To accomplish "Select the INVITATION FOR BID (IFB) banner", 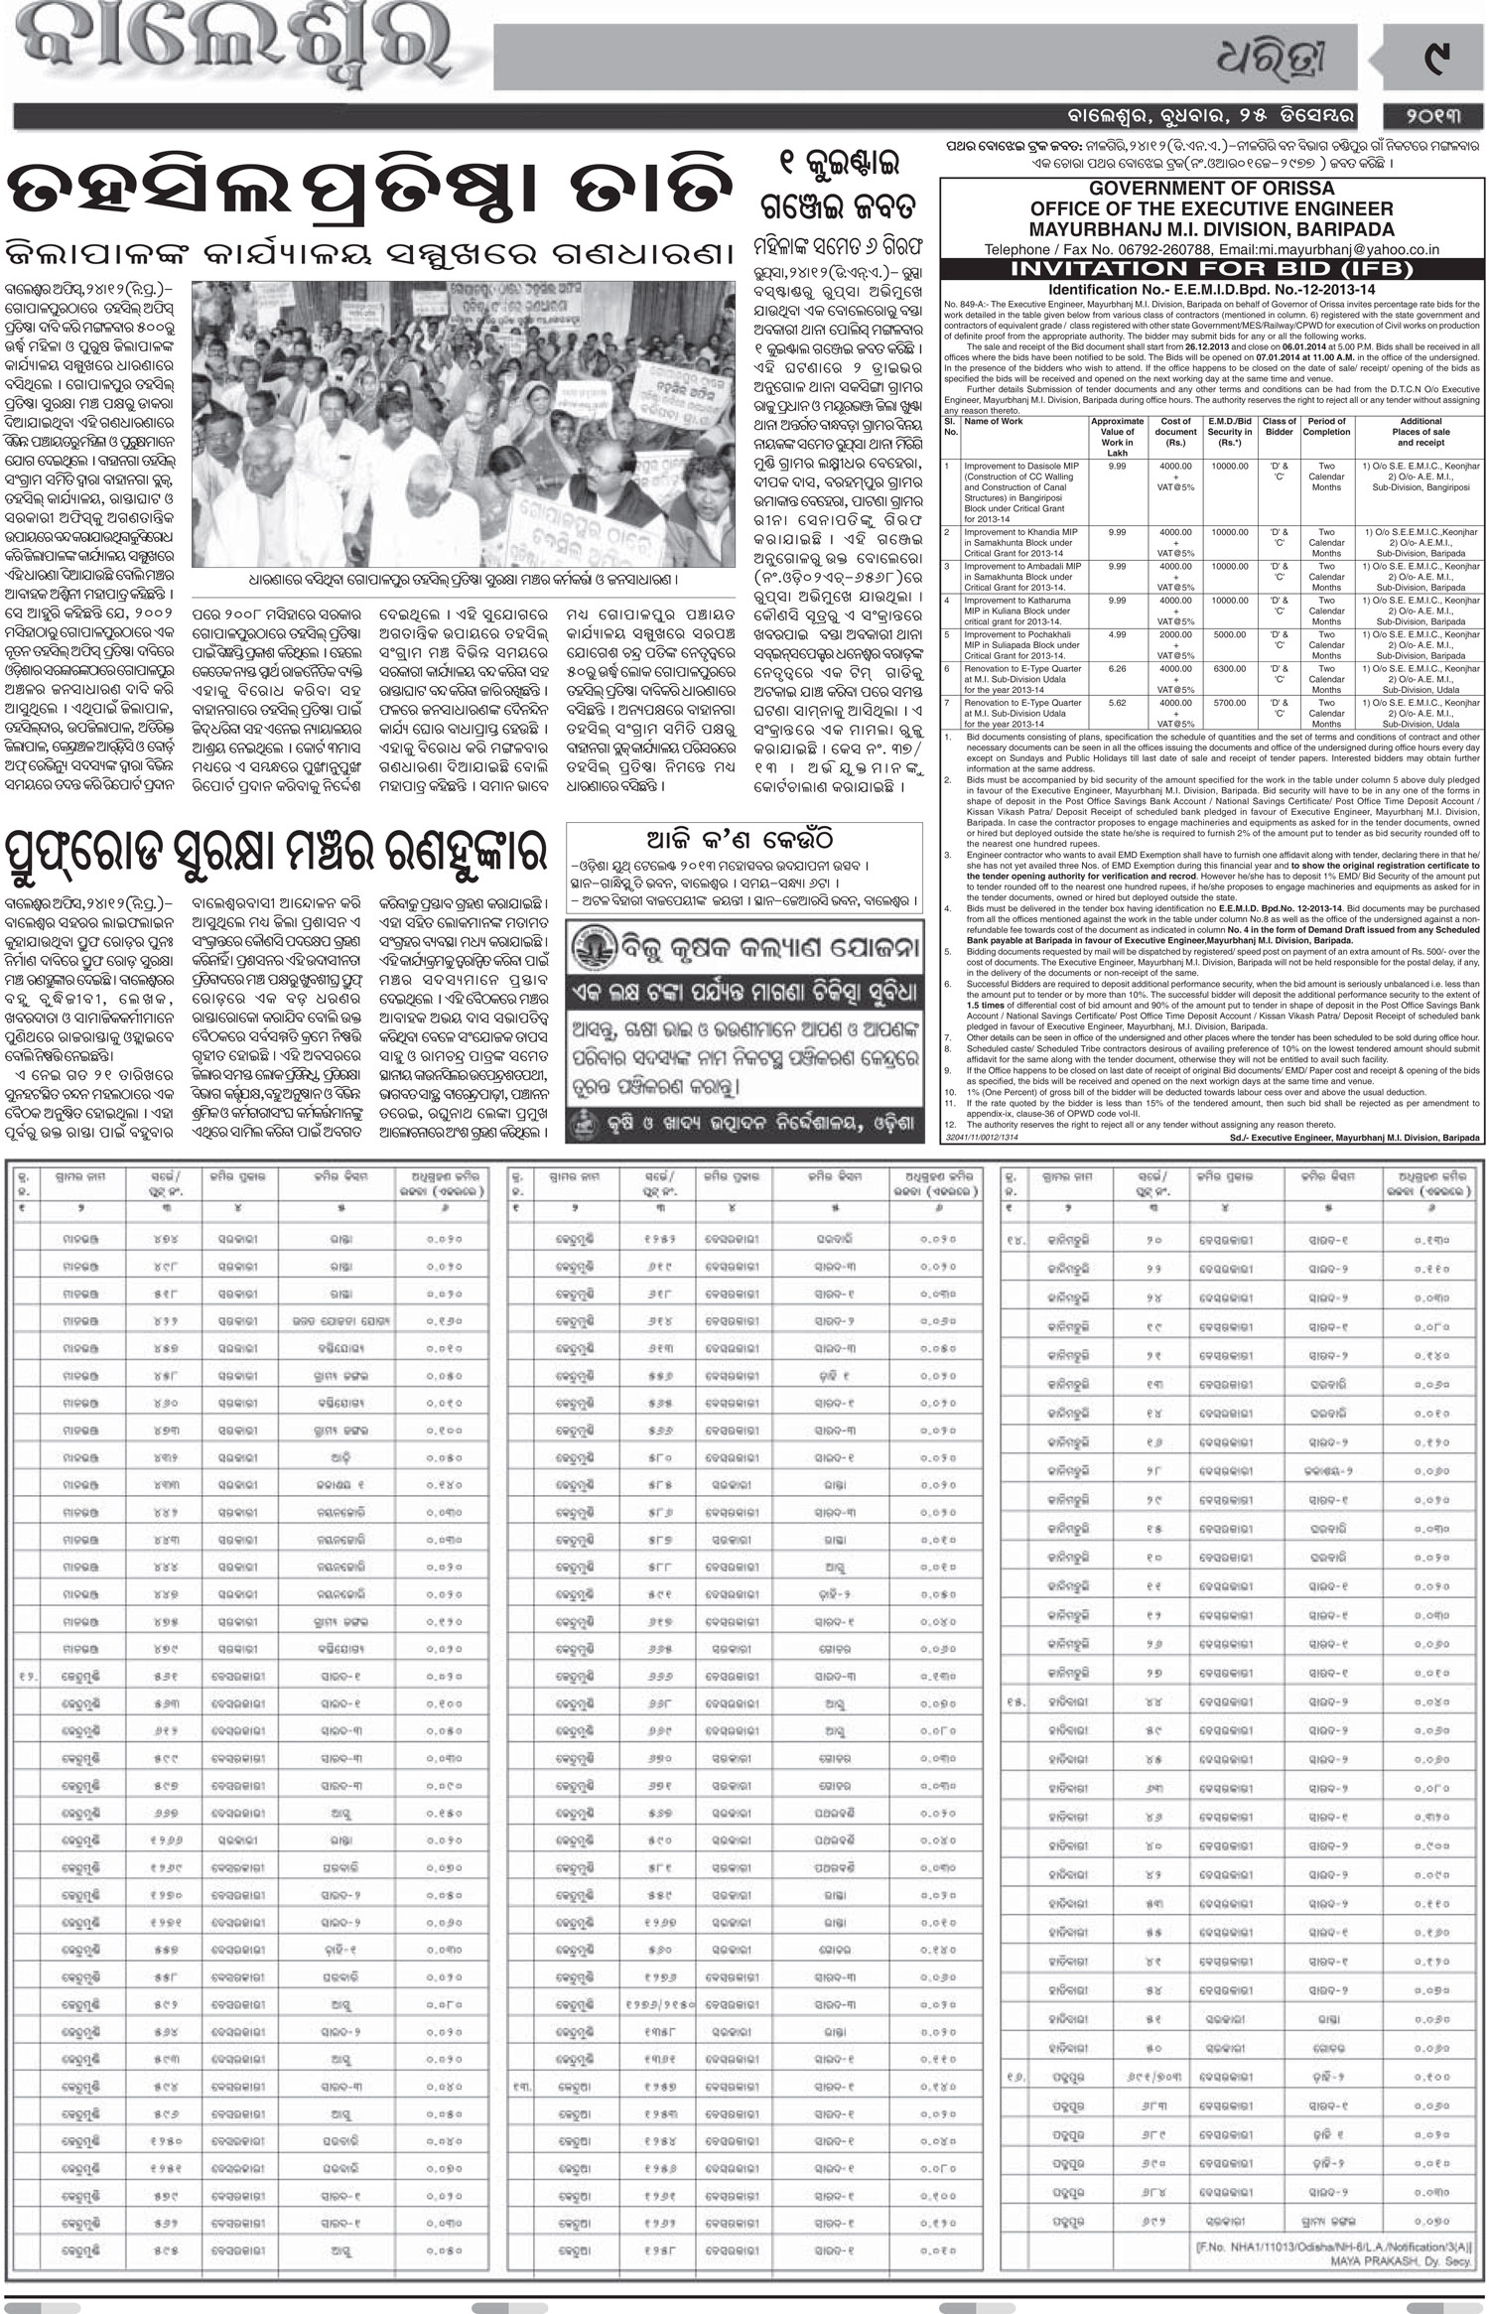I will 1211,270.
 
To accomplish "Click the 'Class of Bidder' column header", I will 1279,426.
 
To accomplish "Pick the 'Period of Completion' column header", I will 1326,426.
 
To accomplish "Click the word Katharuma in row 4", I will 1036,600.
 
